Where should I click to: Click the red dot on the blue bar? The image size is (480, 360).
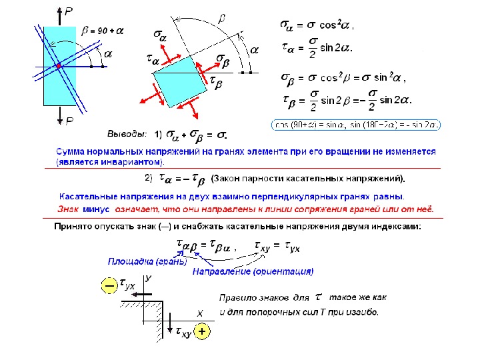[59, 67]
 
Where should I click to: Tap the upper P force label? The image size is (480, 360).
[69, 11]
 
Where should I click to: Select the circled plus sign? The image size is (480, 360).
[202, 331]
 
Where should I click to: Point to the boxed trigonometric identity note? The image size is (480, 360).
[359, 124]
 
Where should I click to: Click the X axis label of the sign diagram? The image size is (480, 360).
[199, 313]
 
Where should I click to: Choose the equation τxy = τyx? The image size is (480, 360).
[278, 247]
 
